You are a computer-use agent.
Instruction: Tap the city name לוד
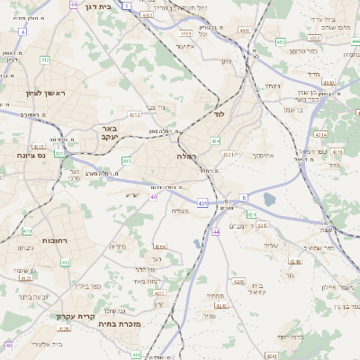coord(218,114)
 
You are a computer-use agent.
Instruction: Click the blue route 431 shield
coord(202,203)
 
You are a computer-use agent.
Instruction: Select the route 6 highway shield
coord(243,197)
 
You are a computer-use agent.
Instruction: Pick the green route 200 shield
coord(127,160)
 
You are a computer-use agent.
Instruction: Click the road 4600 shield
coord(244,31)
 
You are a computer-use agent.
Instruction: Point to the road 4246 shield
coord(238,282)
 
